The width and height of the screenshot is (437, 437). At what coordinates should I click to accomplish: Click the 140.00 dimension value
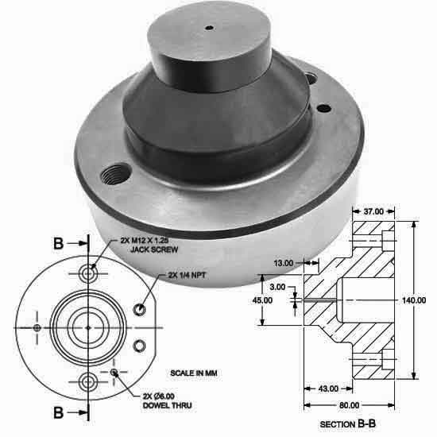coord(415,300)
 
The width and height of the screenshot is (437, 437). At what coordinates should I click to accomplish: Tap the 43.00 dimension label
coord(328,389)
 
